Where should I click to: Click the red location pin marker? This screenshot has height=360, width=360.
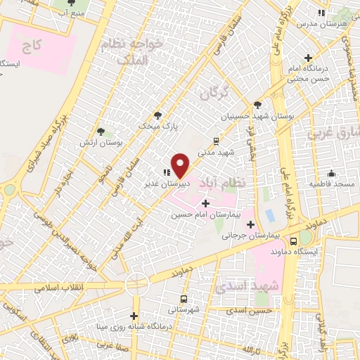[181, 165]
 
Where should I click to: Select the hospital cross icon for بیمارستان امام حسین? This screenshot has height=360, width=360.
[205, 203]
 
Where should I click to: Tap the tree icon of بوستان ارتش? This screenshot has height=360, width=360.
[103, 131]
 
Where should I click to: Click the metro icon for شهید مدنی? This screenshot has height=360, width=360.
[217, 141]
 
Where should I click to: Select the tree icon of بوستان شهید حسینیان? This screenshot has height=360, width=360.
[257, 104]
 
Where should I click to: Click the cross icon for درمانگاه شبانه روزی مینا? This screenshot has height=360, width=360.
[134, 316]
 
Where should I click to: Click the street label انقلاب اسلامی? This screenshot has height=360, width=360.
[54, 288]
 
